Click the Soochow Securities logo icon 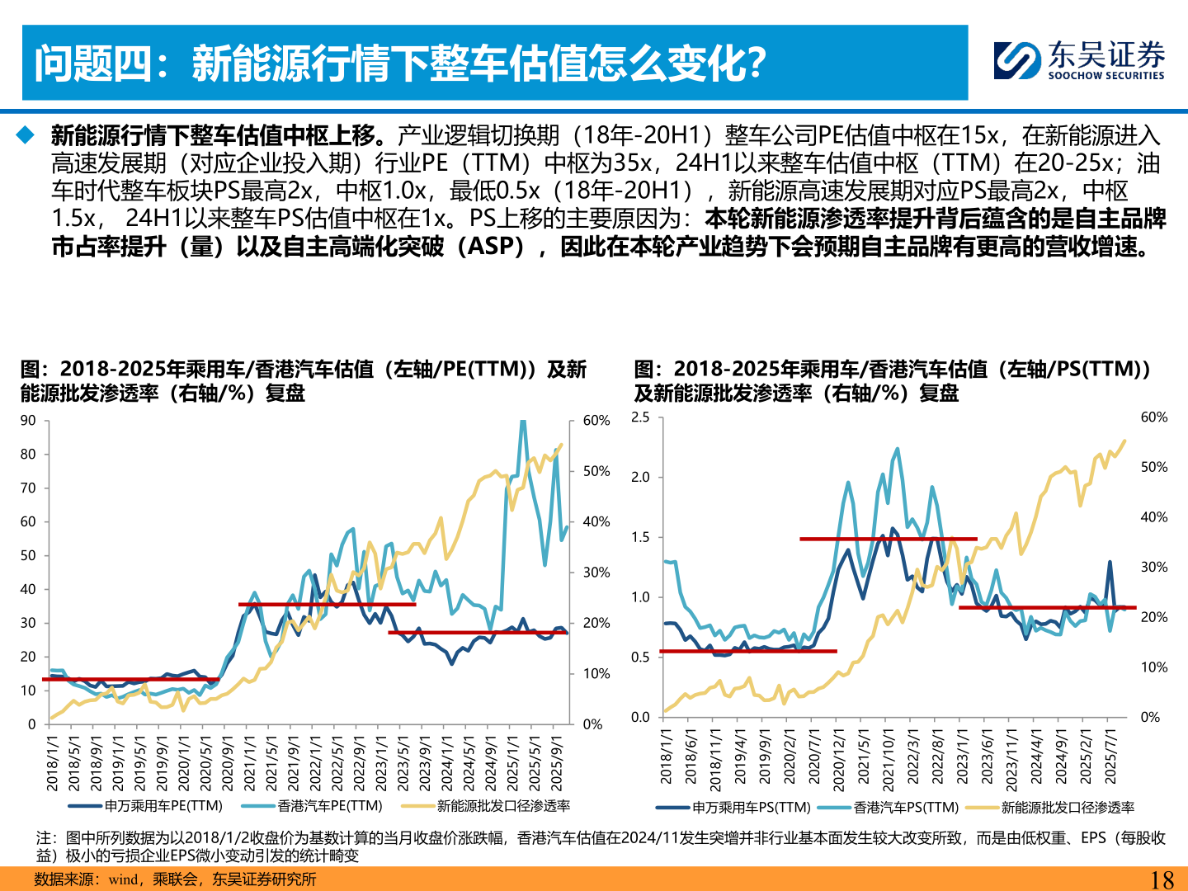1017,60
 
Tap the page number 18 1162,879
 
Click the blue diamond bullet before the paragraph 26,134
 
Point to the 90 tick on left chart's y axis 28,421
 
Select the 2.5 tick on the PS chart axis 640,417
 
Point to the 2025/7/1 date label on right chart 1110,757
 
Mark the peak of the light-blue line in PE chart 522,423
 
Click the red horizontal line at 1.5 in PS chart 888,539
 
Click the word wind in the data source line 123,879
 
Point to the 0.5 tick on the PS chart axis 640,658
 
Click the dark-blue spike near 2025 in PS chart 1110,563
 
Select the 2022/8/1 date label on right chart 938,757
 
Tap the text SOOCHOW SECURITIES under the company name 1105,76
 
